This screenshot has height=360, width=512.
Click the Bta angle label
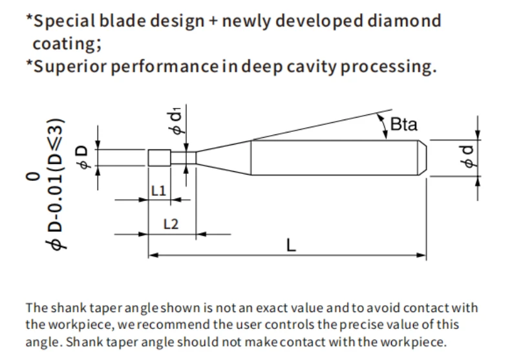pos(404,124)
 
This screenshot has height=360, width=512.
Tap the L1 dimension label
pos(158,191)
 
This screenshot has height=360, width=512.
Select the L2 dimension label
pos(171,224)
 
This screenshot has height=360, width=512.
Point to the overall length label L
pos(291,245)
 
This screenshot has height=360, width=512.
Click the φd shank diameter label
pos(468,156)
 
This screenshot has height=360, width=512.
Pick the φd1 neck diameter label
pos(176,121)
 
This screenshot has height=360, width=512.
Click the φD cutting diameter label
pos(82,157)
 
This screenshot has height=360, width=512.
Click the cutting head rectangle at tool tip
pos(159,158)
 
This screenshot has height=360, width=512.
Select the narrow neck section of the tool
pos(183,158)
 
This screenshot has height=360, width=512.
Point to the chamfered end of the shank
pos(422,158)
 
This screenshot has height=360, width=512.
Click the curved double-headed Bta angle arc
pos(383,126)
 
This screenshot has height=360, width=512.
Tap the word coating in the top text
pos(65,44)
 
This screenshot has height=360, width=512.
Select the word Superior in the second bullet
pos(70,67)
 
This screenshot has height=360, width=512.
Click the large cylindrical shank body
pos(334,158)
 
